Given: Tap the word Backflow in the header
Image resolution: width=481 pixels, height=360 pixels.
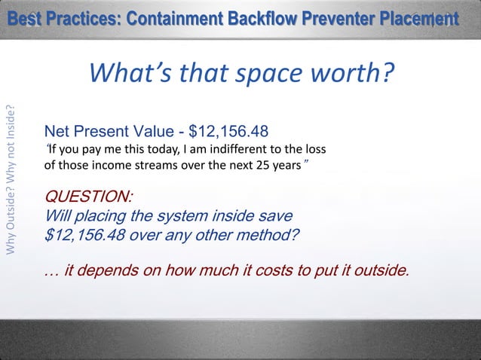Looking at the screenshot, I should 261,18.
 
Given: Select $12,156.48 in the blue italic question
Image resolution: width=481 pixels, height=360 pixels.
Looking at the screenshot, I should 83,233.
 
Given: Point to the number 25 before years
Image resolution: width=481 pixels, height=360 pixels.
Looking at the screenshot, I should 265,164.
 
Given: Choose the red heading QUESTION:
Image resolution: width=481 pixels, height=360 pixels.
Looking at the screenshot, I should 89,197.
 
